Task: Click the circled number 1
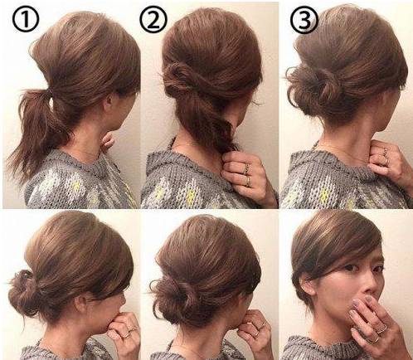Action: click(x=26, y=20)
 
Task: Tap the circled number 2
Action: click(x=153, y=20)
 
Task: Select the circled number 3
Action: click(x=304, y=21)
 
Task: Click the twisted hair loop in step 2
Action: click(x=177, y=77)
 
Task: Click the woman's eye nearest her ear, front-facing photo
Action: click(x=349, y=268)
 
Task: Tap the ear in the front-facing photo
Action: click(x=306, y=285)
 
